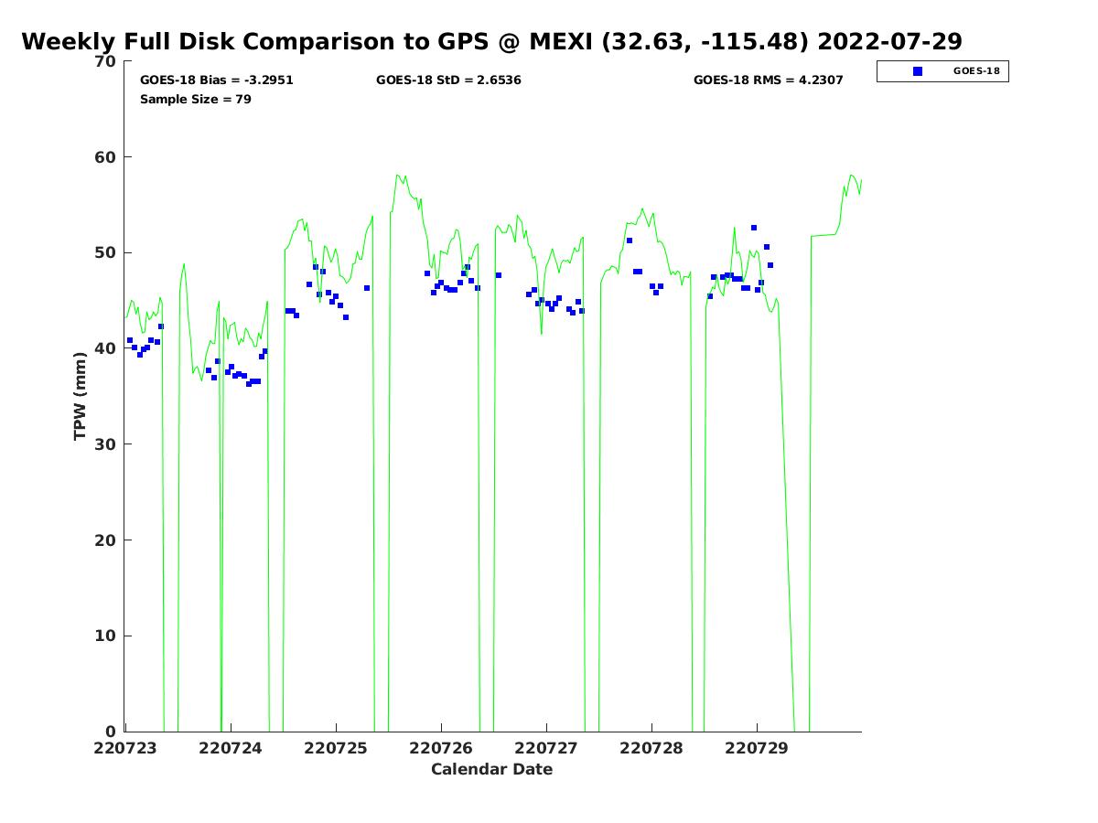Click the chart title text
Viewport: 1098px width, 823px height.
pos(491,41)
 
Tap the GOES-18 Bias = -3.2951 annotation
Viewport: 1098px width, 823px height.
pos(216,80)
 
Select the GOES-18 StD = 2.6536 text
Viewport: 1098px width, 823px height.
pos(448,80)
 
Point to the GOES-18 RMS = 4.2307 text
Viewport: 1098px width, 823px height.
pos(768,80)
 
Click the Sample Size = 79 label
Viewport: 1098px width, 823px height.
pos(195,99)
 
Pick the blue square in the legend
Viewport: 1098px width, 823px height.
pos(918,71)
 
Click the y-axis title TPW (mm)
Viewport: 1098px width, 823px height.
pos(80,396)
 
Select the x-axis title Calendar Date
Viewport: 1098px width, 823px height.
pos(491,769)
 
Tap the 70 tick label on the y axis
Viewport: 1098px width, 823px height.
pos(105,61)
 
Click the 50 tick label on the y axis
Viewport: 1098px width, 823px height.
pos(105,252)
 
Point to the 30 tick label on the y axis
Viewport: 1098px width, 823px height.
pos(105,444)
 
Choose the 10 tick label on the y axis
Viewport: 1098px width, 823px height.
pos(105,636)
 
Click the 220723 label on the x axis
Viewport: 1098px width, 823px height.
pos(125,748)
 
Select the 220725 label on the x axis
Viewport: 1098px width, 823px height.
pos(336,748)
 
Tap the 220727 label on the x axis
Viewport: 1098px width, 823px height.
pos(545,748)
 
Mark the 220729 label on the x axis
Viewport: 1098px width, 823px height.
pos(757,748)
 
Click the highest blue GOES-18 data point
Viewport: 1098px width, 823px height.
pos(753,228)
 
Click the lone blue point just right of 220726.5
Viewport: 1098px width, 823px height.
pos(499,275)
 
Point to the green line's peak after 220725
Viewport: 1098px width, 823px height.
pos(397,175)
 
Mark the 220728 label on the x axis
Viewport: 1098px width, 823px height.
pos(651,748)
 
